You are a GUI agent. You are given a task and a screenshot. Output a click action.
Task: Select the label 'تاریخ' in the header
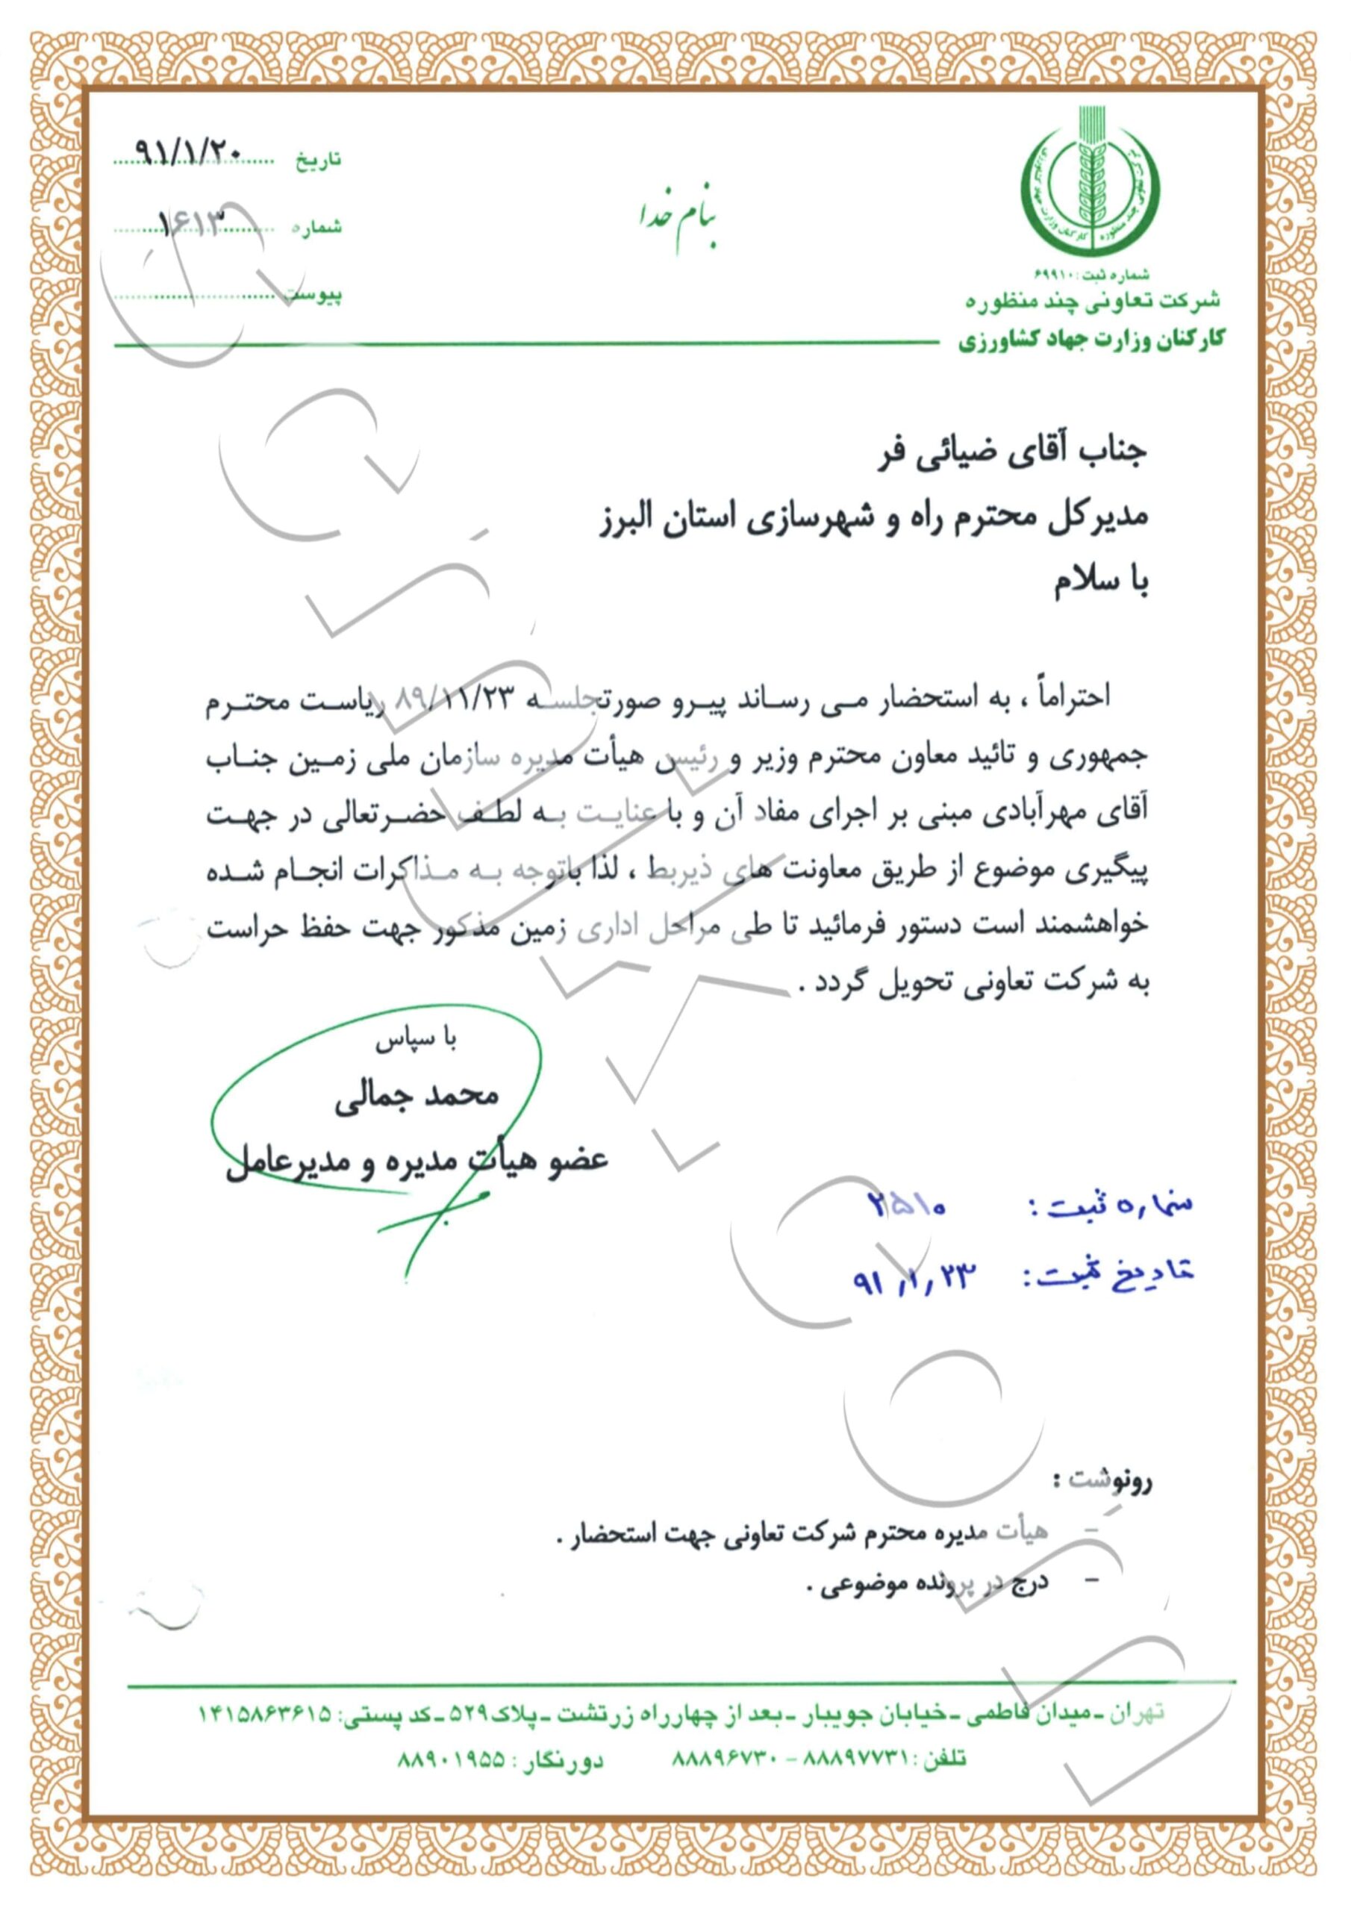click(x=318, y=160)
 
